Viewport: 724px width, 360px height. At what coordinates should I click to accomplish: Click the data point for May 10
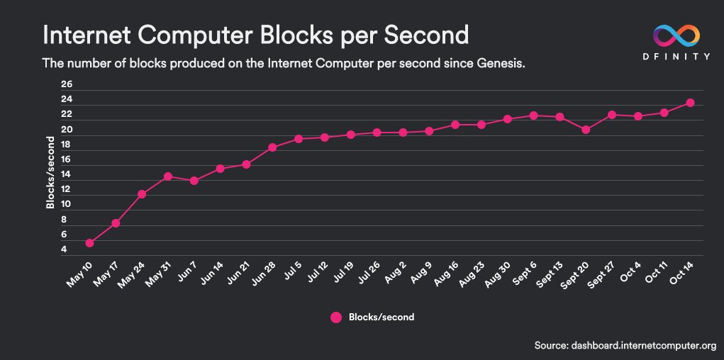[89, 243]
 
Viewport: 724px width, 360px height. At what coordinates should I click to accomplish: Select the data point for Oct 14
[690, 103]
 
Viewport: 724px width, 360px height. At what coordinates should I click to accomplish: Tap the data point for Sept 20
[586, 130]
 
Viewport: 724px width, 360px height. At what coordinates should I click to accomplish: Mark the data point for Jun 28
[272, 147]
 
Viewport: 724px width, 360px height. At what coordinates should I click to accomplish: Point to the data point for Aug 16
[455, 125]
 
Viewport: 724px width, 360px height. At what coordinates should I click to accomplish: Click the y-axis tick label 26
[67, 84]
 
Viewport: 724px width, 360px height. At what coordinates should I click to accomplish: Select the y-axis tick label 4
[64, 249]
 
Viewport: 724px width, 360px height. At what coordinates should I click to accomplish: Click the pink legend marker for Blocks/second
[336, 317]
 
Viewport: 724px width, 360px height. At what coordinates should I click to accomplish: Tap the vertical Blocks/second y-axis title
[50, 172]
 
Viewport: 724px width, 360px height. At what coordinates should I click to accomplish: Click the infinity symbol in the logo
[675, 35]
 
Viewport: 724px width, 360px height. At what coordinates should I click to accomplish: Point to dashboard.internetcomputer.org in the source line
[641, 344]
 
